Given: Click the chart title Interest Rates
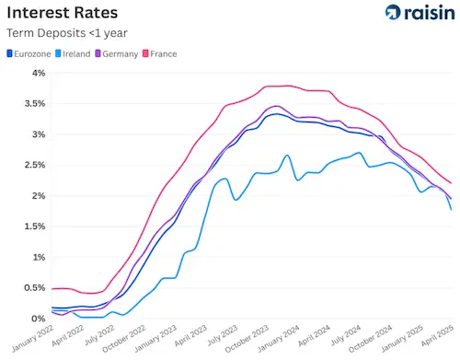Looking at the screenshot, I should point(64,13).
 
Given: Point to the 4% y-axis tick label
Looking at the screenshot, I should point(39,74).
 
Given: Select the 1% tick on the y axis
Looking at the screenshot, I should point(39,258).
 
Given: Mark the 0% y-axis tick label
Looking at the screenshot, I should point(39,319).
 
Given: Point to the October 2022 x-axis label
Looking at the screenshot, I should point(123,342).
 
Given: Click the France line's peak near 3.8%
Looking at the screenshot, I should point(287,86).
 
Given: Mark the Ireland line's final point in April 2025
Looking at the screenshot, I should point(451,210).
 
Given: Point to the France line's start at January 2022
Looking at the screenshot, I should point(52,289).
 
